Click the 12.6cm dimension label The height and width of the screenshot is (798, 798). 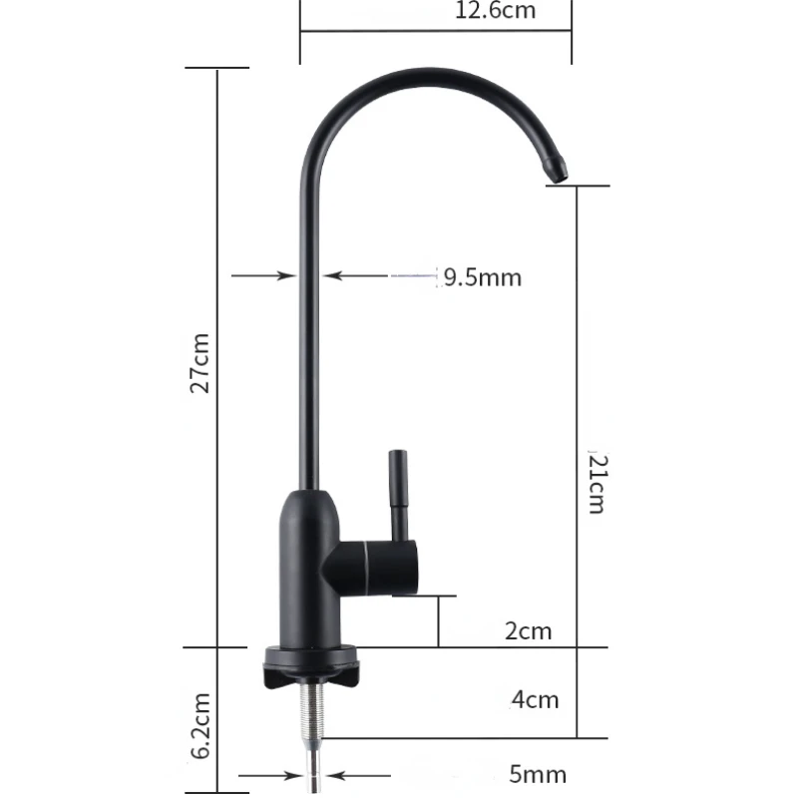(496, 12)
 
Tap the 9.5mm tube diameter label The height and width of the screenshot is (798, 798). (483, 276)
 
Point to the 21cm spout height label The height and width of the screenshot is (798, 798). (596, 484)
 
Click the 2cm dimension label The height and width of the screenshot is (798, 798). (528, 631)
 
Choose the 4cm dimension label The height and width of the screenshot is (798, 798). (535, 698)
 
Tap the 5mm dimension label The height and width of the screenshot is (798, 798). (539, 774)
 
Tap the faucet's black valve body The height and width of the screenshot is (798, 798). (312, 569)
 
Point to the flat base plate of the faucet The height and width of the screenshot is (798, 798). (312, 658)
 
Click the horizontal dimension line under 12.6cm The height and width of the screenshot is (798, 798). (435, 31)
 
